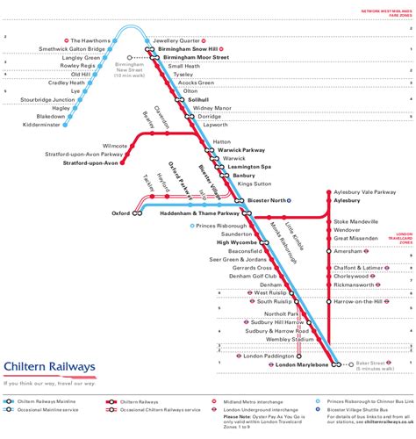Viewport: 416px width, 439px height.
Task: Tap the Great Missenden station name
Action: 362,238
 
